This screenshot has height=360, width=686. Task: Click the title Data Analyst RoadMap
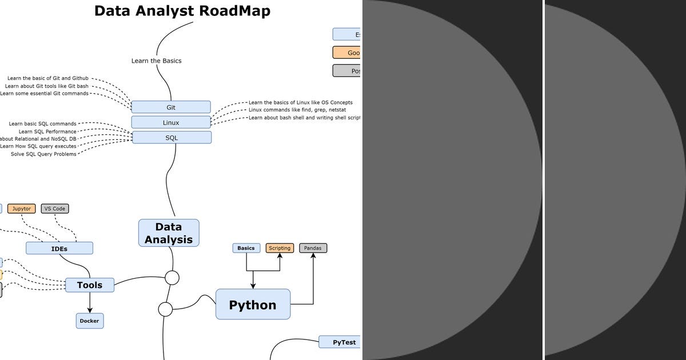182,11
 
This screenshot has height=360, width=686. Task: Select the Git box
171,107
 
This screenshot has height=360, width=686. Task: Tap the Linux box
171,122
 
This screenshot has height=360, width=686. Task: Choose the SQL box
171,138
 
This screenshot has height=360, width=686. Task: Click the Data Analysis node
169,233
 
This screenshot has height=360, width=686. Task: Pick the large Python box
253,305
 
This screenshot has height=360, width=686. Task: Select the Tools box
90,285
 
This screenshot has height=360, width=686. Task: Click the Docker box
90,321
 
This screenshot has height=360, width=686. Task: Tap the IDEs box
59,249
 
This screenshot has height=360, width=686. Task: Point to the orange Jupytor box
22,209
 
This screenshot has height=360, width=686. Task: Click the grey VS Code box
55,209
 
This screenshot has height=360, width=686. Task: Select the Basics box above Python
246,248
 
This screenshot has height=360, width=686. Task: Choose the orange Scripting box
280,248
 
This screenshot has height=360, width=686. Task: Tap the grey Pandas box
313,248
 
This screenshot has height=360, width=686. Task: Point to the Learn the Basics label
156,61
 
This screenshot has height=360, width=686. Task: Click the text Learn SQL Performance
47,131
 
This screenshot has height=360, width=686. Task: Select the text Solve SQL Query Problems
43,154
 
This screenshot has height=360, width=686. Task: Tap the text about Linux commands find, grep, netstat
297,110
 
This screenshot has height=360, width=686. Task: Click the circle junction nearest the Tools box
172,278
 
